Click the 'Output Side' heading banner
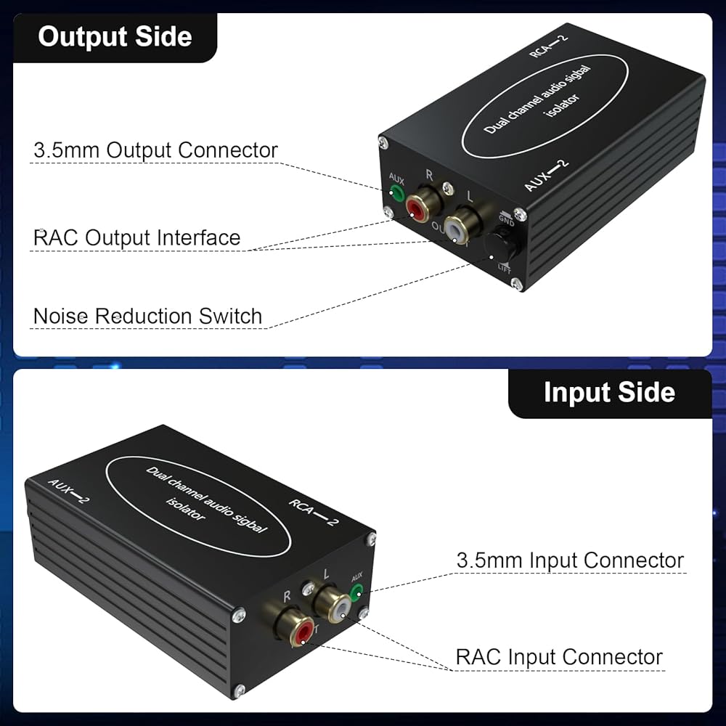(115, 37)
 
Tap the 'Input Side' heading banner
(609, 393)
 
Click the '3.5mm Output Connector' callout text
(155, 150)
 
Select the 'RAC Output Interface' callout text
(136, 237)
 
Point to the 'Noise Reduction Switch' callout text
(147, 317)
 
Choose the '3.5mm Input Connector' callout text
(570, 560)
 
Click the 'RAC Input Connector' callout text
(559, 657)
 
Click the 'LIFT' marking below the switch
(505, 269)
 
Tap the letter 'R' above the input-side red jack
(287, 595)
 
